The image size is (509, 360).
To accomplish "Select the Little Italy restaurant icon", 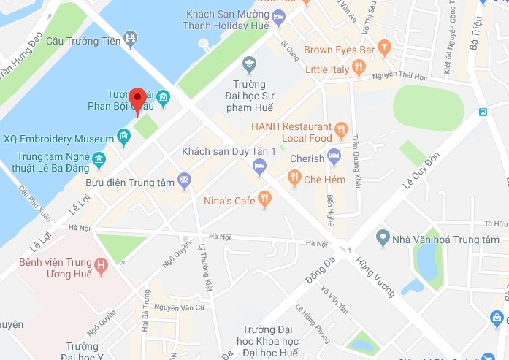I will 358,69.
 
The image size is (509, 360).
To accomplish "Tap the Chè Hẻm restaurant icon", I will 294,177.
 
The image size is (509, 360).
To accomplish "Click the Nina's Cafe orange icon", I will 265,198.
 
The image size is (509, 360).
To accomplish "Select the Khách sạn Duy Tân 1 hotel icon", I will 259,166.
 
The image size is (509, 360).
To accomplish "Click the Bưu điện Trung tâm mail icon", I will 184,180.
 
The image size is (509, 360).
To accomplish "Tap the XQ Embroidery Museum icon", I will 123,137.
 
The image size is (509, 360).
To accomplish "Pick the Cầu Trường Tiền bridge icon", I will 130,38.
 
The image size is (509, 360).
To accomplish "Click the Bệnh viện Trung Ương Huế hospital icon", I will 102,267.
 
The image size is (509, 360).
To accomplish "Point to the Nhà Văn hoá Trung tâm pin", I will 382,238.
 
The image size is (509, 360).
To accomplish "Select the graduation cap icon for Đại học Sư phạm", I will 249,64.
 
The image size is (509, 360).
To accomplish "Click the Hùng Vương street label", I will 375,277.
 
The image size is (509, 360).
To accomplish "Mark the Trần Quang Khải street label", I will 356,156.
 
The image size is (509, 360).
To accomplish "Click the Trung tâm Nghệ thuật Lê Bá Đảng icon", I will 99,160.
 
